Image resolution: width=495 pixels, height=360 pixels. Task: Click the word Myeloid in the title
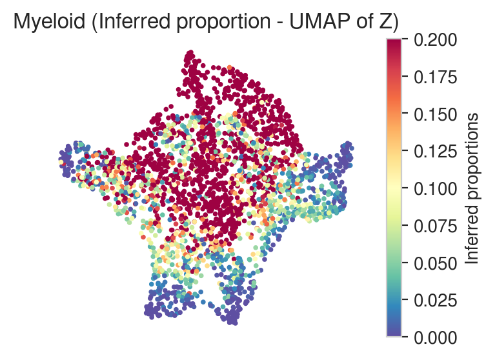(x=50, y=22)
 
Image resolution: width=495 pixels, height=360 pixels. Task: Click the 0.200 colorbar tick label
(x=436, y=40)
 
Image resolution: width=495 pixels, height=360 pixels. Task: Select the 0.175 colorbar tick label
(x=436, y=77)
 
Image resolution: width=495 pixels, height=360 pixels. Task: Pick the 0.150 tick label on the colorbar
(x=436, y=114)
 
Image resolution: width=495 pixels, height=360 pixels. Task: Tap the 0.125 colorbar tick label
(x=436, y=152)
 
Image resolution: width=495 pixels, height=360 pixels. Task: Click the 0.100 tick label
(x=436, y=188)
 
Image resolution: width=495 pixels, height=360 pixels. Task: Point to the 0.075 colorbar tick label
(x=436, y=226)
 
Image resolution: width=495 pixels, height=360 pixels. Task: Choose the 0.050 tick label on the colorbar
(x=436, y=263)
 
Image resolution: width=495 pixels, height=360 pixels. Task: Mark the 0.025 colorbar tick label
(x=436, y=301)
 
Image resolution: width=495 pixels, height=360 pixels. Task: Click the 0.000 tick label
(x=436, y=337)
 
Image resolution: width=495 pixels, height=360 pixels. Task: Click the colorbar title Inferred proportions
(x=472, y=188)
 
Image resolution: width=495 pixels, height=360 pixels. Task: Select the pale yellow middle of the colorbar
(x=394, y=188)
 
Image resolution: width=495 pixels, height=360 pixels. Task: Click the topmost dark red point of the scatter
(x=190, y=52)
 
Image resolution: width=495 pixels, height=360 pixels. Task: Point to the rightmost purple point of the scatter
(x=351, y=148)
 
